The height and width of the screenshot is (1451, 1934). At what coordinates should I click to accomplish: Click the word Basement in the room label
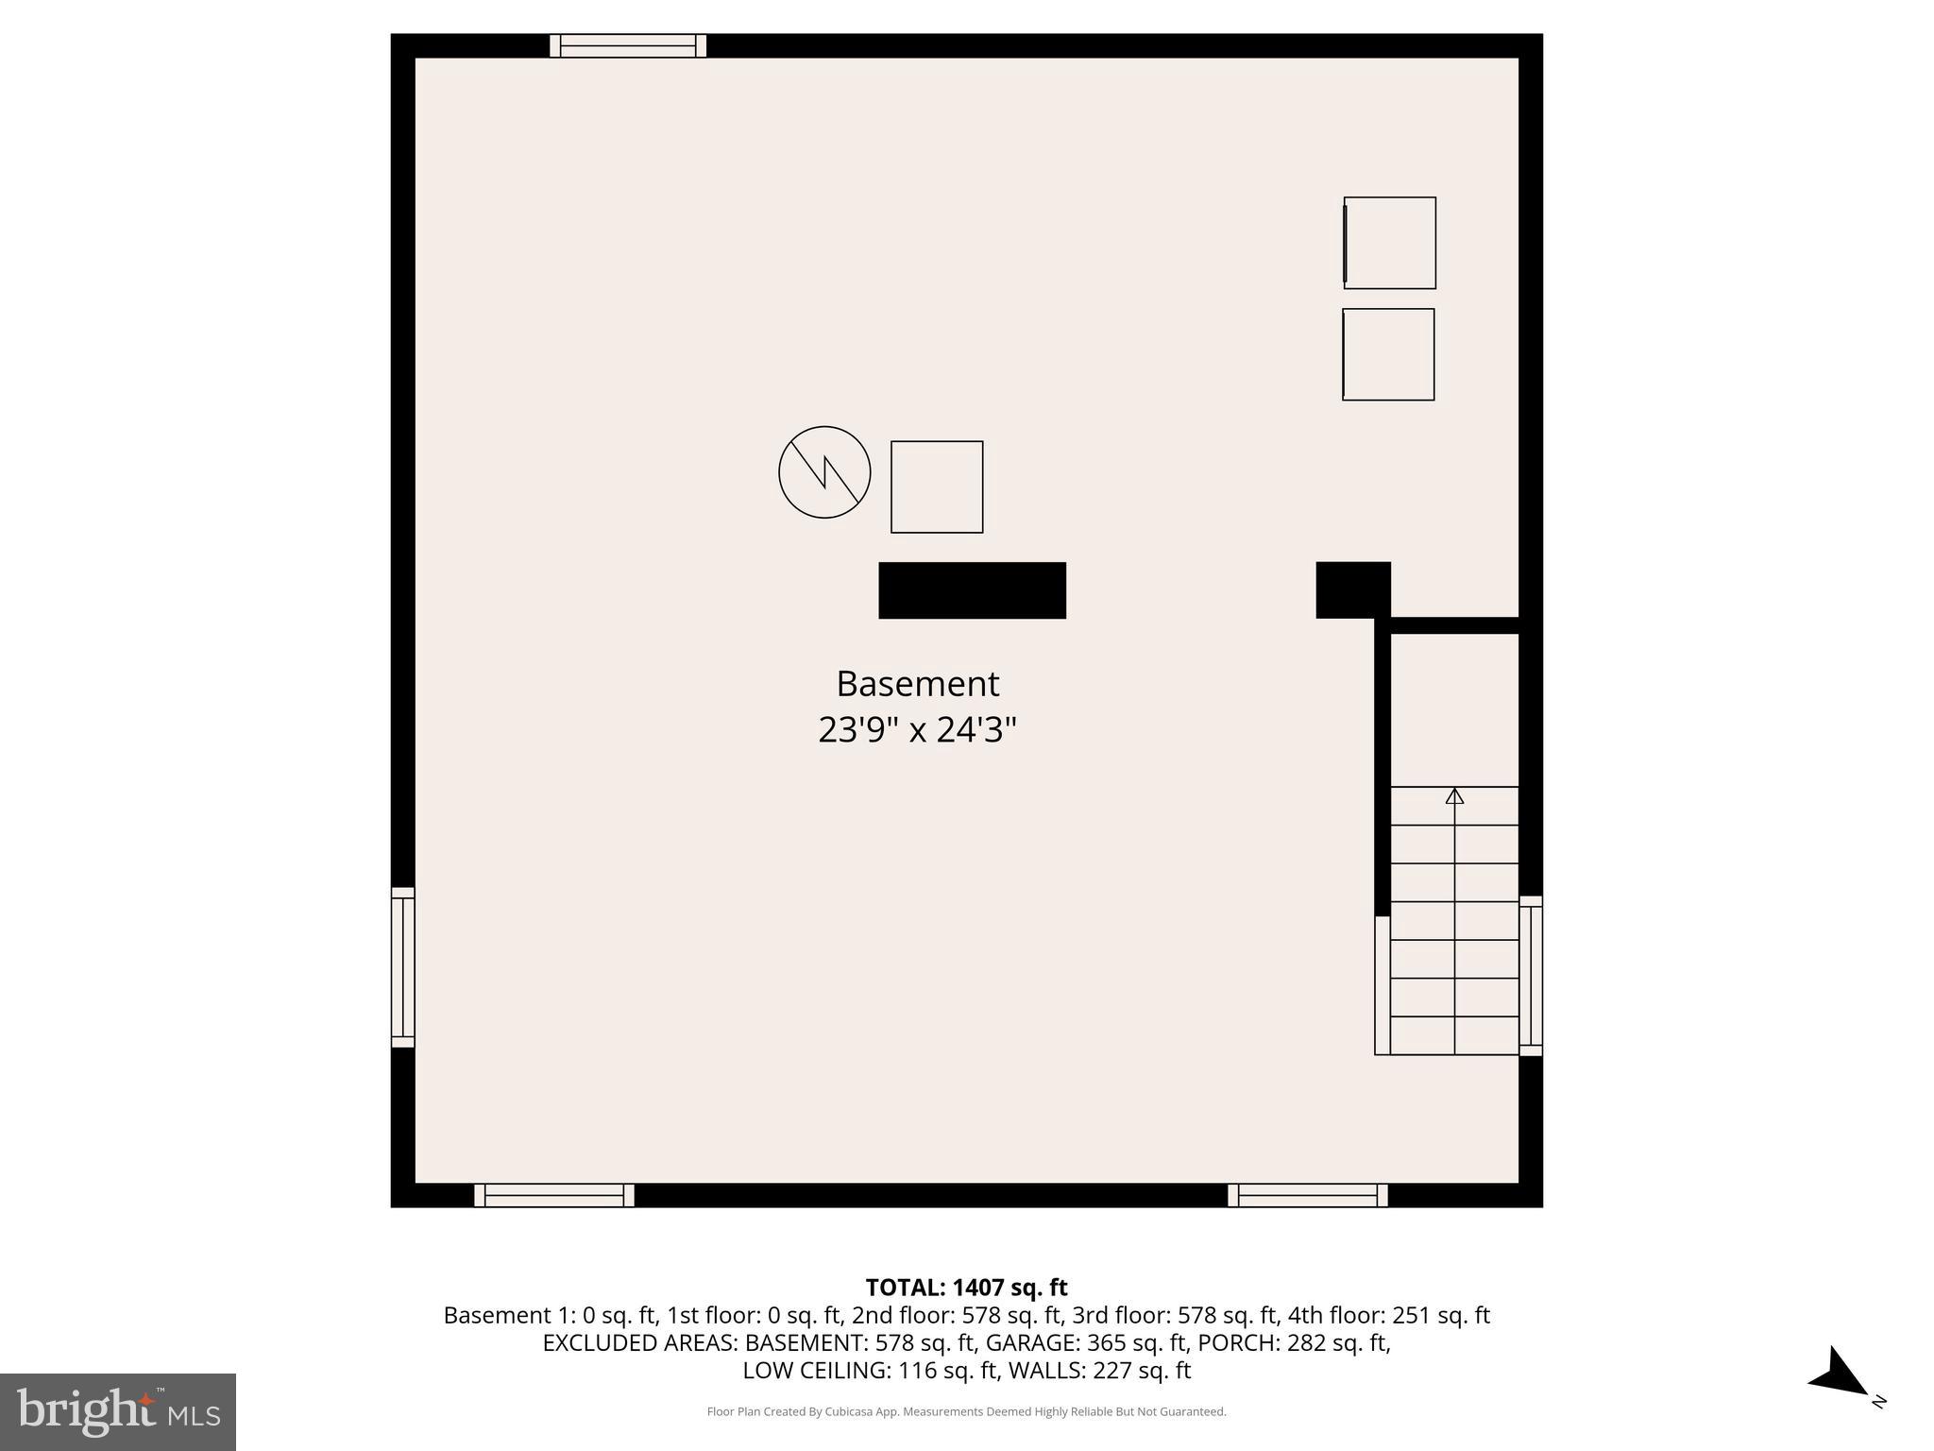click(x=917, y=684)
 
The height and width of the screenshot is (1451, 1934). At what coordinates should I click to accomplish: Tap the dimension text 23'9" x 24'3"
click(x=917, y=730)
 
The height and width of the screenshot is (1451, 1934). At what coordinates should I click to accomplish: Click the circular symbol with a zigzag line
click(x=824, y=472)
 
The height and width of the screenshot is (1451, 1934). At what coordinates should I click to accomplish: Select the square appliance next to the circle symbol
click(x=937, y=487)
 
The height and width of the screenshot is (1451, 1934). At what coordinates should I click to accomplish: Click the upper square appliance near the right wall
click(x=1390, y=243)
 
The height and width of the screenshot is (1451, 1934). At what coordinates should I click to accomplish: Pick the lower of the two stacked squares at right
click(x=1388, y=354)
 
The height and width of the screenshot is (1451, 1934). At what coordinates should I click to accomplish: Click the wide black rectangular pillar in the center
click(x=972, y=590)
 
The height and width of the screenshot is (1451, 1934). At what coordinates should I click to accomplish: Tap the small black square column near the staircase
click(x=1352, y=589)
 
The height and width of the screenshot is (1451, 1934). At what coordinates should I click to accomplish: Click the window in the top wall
click(x=628, y=45)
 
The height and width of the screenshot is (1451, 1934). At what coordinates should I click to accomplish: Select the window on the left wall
click(x=403, y=967)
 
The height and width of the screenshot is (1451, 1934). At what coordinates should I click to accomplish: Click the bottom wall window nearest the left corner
click(x=554, y=1195)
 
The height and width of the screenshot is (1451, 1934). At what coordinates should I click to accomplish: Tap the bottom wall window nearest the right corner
click(x=1308, y=1195)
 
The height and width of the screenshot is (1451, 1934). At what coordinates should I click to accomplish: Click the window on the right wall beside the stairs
click(x=1531, y=976)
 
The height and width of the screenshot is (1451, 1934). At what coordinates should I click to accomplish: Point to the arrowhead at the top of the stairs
click(x=1454, y=796)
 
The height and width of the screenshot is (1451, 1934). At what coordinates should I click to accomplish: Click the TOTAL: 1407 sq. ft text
click(x=966, y=1288)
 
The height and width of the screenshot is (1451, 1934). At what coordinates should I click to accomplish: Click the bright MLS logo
click(x=118, y=1411)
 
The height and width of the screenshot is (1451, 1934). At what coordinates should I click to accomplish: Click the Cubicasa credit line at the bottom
click(x=966, y=1411)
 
